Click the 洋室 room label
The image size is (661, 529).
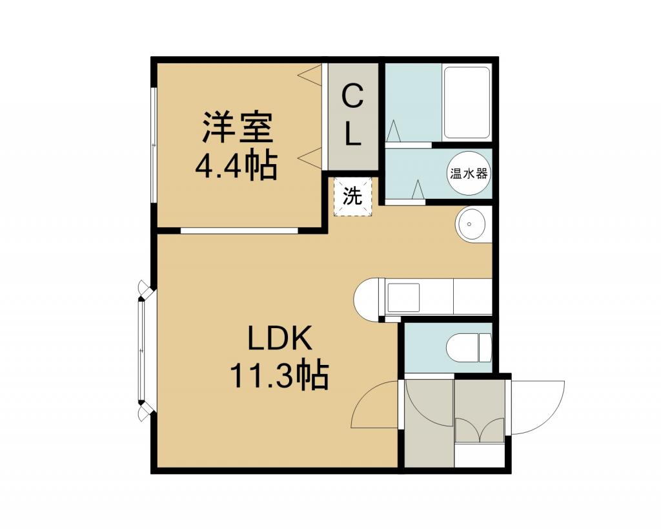tap(238, 127)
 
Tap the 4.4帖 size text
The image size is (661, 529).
tap(236, 165)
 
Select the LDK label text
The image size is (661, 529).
tap(280, 338)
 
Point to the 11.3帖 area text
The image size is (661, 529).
tap(279, 375)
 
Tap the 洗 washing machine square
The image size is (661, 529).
tap(352, 196)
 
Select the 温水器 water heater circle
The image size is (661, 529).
tap(469, 173)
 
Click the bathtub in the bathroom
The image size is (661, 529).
tap(466, 103)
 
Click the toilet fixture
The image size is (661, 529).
tap(469, 347)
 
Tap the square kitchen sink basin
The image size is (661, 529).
tap(403, 297)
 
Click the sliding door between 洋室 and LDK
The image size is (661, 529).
tap(239, 231)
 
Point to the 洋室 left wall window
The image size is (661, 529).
tap(154, 145)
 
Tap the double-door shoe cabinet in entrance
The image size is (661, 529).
tap(480, 430)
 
